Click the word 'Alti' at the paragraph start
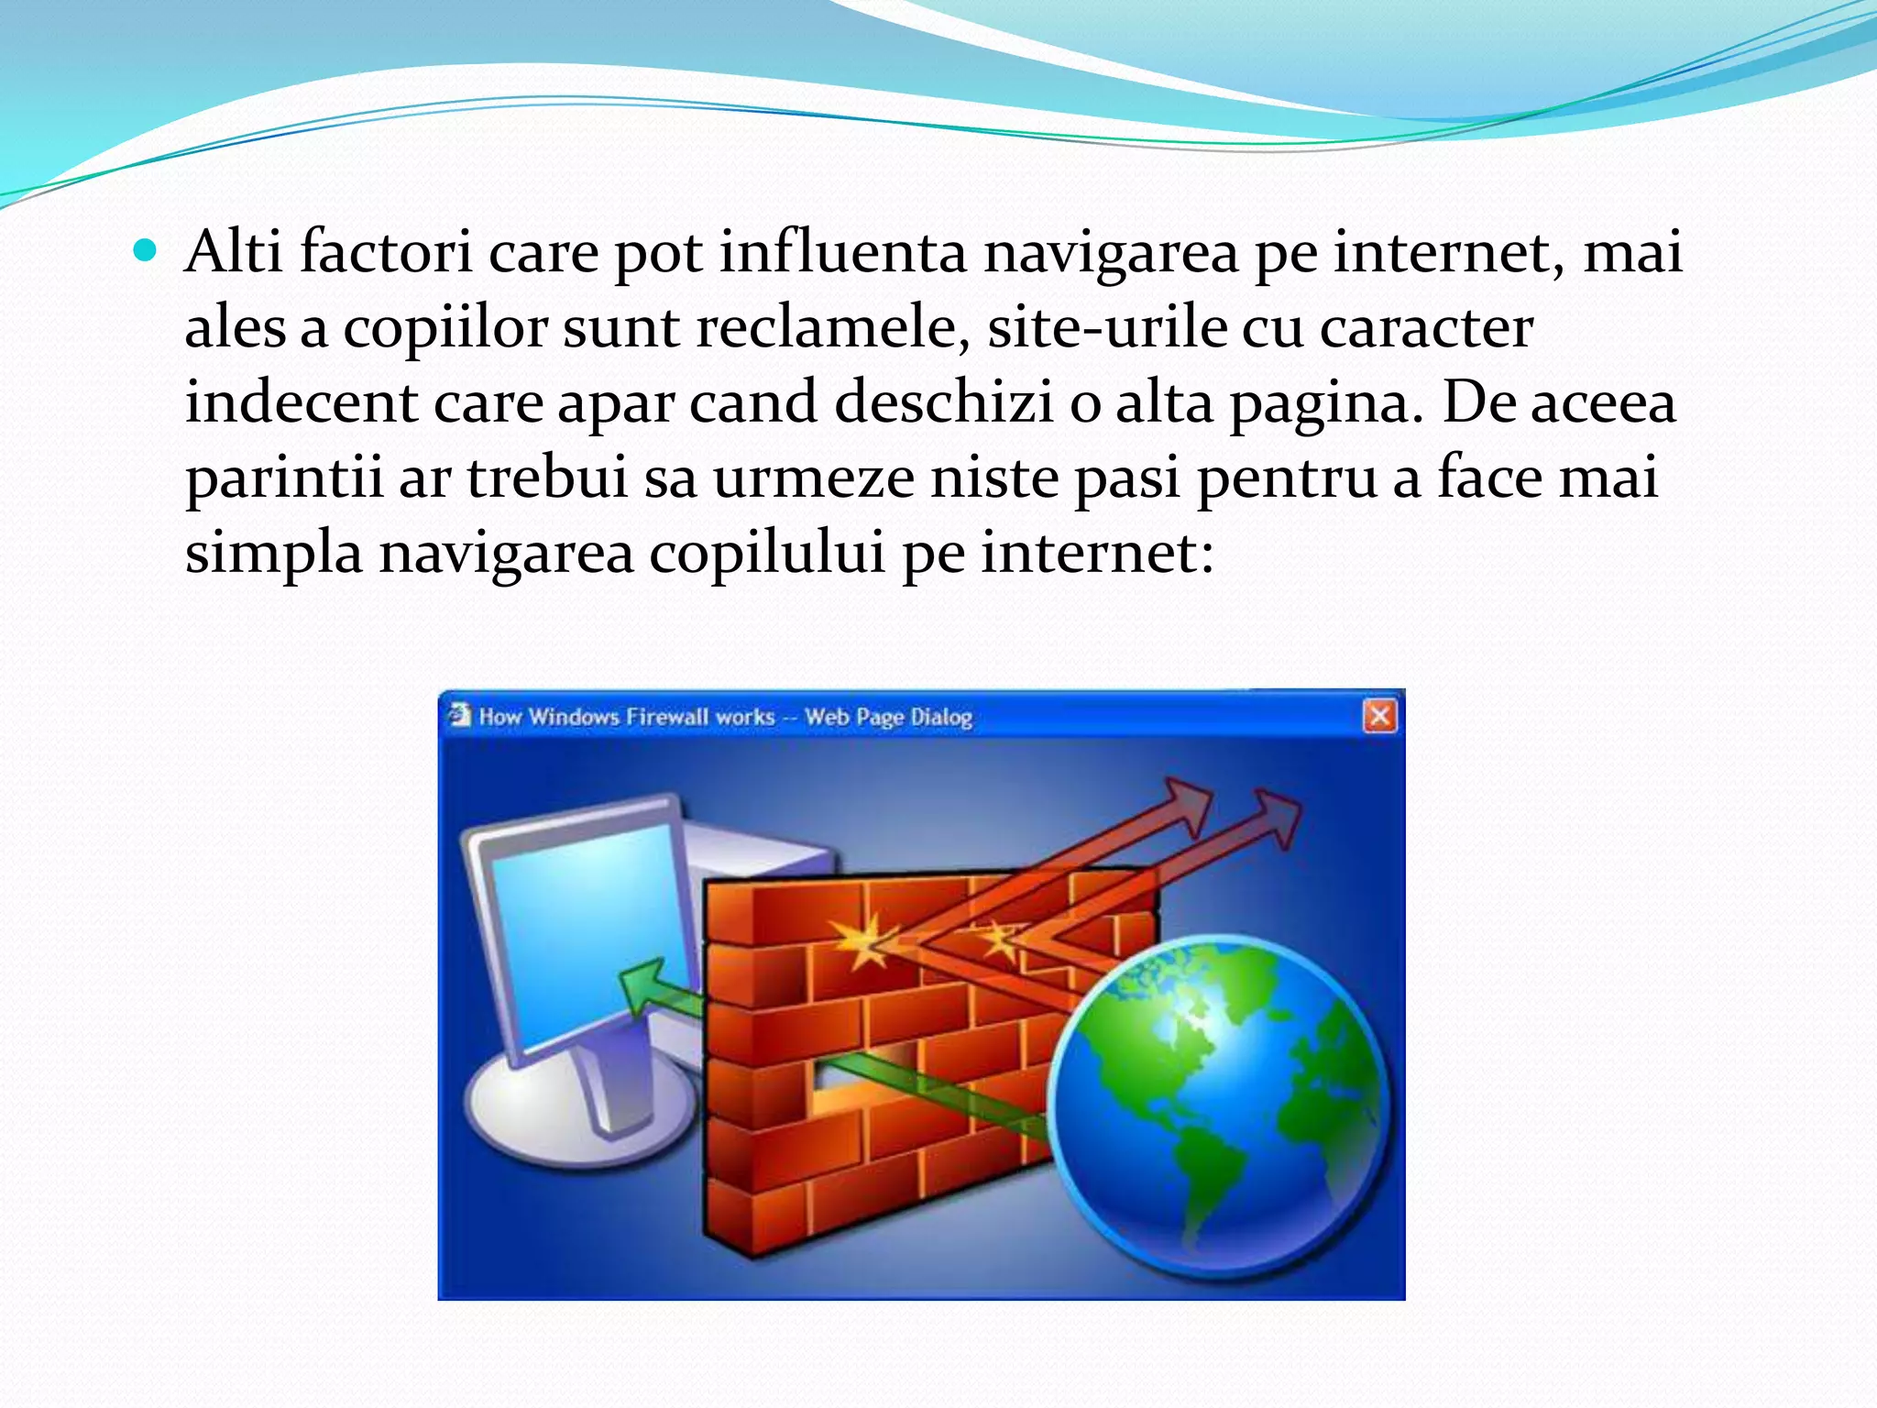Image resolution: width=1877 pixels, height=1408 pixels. coord(233,251)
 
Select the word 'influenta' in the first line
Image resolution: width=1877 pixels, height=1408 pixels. coord(842,251)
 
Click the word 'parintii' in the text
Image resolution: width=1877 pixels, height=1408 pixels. coord(283,478)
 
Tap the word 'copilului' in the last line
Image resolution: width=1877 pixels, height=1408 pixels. coord(767,553)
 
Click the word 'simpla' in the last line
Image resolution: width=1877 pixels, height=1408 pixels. coord(273,555)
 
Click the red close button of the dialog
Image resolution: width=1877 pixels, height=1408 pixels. coord(1379,715)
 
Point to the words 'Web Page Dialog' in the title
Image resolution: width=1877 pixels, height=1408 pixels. coord(888,717)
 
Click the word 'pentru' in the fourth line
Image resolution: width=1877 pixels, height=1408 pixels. coord(1287,478)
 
